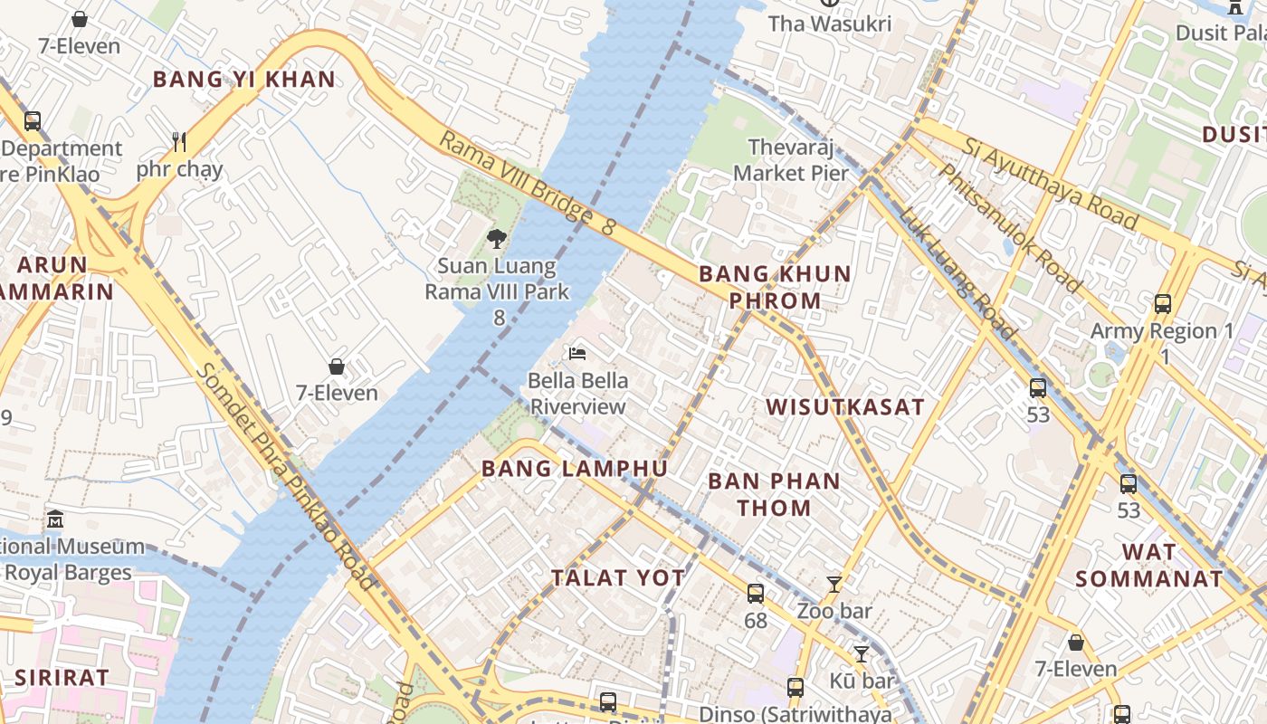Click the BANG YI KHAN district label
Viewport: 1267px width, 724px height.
[x=244, y=80]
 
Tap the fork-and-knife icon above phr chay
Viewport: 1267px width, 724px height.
[x=179, y=141]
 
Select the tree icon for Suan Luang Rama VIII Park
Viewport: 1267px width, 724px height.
[x=496, y=239]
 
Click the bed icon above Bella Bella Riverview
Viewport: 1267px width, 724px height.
[x=577, y=352]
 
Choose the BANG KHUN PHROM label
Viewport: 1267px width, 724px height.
[x=775, y=287]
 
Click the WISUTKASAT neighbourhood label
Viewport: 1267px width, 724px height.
[x=845, y=407]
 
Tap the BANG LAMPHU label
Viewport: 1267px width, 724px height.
[x=575, y=469]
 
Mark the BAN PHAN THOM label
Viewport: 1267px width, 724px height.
[x=774, y=494]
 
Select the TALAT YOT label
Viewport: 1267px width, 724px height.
[x=618, y=578]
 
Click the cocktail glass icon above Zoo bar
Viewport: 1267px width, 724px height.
[x=834, y=585]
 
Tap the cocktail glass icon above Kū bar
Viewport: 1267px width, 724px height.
[x=862, y=653]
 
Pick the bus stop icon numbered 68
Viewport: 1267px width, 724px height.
[x=756, y=594]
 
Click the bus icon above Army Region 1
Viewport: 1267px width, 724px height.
[x=1163, y=304]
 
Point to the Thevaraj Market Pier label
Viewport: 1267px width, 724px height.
[x=791, y=160]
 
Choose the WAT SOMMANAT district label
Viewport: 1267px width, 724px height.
[x=1149, y=566]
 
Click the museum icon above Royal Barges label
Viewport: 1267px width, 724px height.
[x=55, y=519]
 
